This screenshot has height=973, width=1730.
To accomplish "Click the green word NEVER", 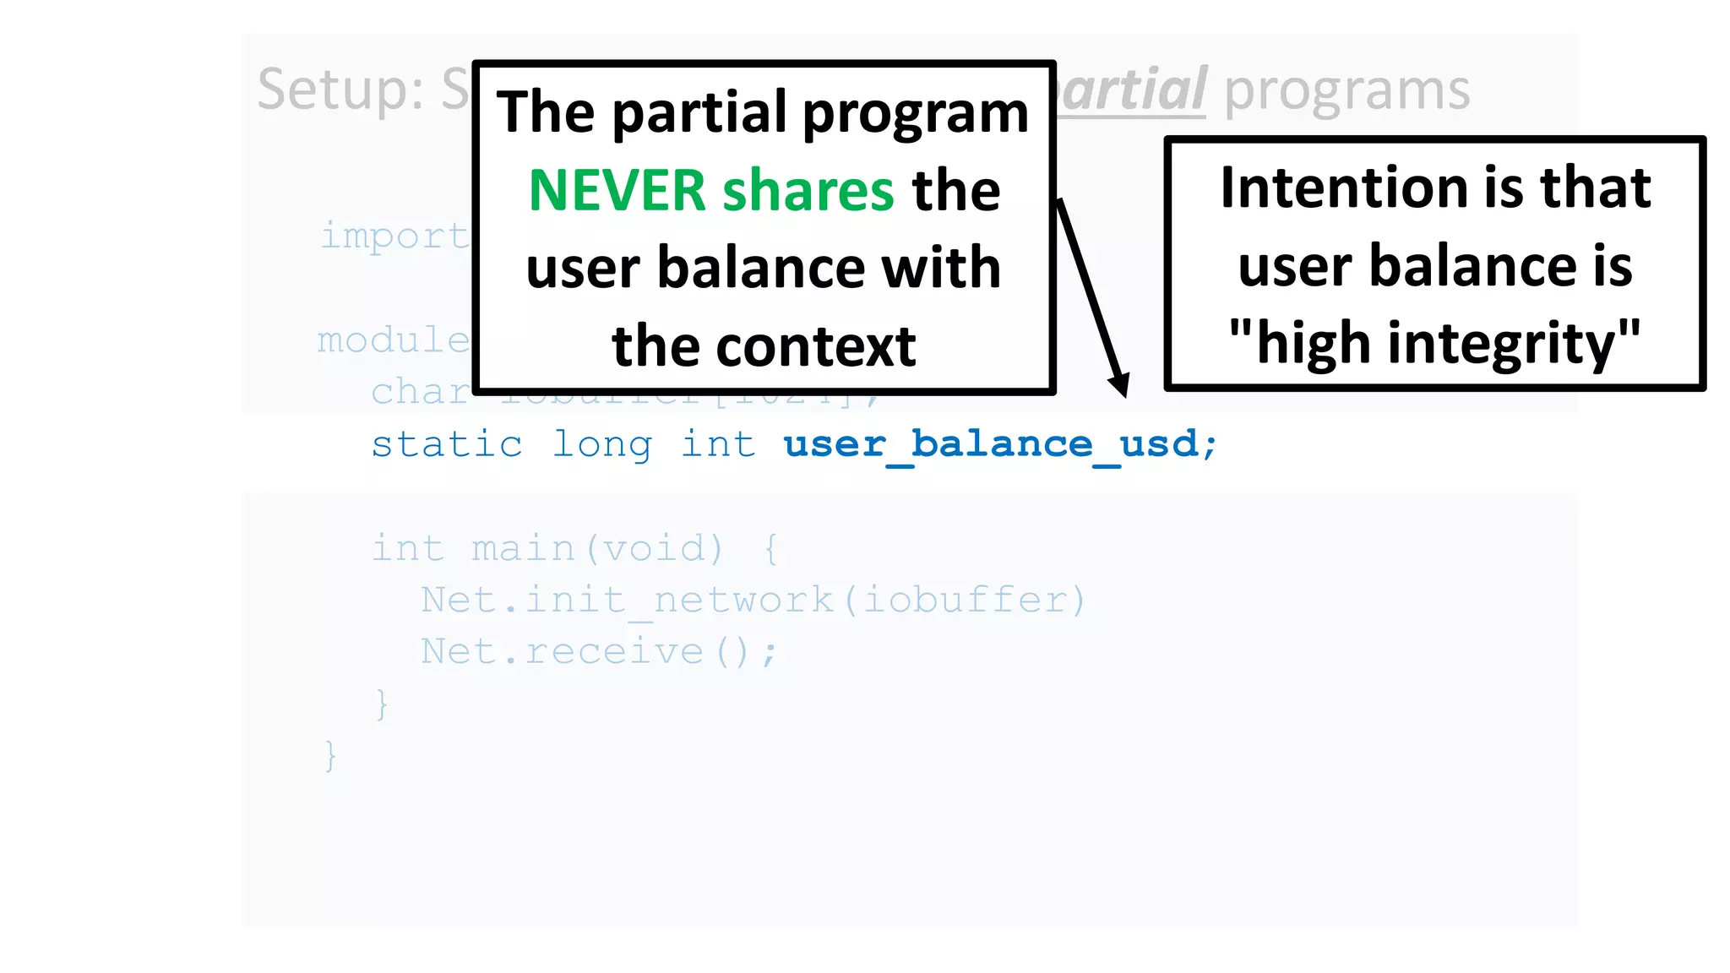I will point(617,190).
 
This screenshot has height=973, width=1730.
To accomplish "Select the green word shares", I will point(808,190).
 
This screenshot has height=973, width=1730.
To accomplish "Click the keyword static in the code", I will point(447,444).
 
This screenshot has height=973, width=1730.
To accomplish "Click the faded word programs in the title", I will point(1346,90).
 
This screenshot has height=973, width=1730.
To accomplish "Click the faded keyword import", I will point(394,236).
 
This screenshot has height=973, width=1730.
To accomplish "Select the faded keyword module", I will point(393,340).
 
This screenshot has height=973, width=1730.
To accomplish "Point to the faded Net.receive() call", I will point(598,651).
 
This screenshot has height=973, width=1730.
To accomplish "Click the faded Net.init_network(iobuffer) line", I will point(753,600).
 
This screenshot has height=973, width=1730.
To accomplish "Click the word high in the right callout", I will point(1312,344).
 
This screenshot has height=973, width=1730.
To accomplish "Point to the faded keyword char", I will point(420,392).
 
